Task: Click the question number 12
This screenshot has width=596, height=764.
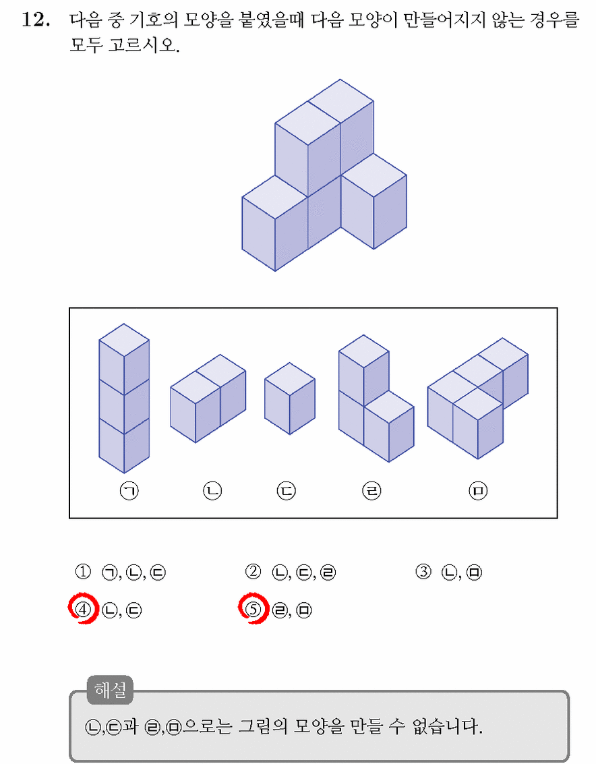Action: pos(36,20)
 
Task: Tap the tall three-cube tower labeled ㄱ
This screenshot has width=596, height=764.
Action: pos(124,398)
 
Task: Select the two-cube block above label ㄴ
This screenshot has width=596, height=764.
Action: pos(208,399)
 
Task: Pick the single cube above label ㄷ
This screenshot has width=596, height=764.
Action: pos(290,398)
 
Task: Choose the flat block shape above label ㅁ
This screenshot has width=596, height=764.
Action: pos(478,398)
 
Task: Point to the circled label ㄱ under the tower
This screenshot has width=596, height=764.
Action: pos(129,491)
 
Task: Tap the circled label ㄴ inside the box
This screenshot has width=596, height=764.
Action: pos(212,491)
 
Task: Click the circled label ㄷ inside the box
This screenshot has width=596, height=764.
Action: pos(286,491)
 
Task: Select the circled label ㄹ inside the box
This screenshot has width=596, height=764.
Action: pos(372,491)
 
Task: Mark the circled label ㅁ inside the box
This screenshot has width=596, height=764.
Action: pos(478,491)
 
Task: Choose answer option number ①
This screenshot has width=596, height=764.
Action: pos(83,572)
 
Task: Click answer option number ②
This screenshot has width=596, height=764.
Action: pos(253,572)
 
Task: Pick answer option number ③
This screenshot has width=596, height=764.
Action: pos(423,572)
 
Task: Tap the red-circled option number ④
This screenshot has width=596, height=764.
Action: pos(84,610)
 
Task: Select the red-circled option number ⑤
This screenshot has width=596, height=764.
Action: pos(254,609)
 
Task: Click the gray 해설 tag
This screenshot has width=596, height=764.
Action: pos(110,690)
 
